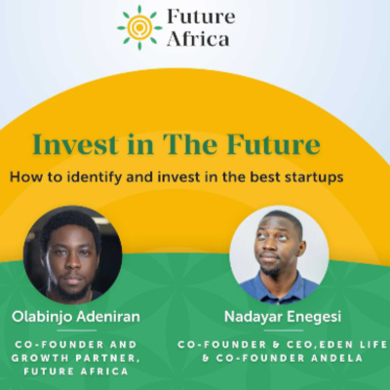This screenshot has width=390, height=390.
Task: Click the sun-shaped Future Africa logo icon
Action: click(139, 27)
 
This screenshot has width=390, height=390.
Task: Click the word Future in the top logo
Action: click(201, 17)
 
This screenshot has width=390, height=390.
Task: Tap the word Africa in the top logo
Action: click(198, 39)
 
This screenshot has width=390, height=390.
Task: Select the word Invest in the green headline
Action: click(76, 144)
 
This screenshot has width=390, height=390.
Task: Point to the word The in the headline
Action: click(190, 144)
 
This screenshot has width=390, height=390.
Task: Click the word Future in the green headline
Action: click(273, 144)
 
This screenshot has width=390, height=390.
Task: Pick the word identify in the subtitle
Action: click(95, 177)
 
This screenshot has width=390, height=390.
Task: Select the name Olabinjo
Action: click(42, 317)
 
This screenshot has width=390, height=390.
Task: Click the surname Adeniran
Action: click(108, 316)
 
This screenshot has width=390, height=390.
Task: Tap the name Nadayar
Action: click(252, 316)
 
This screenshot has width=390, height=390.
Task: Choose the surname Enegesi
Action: click(312, 317)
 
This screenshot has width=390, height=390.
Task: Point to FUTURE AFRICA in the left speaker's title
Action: click(76, 371)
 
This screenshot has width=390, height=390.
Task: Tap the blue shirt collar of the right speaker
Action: click(276, 279)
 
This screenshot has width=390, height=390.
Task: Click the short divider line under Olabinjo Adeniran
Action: click(77, 331)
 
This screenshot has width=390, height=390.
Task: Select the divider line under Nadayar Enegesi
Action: click(284, 331)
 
